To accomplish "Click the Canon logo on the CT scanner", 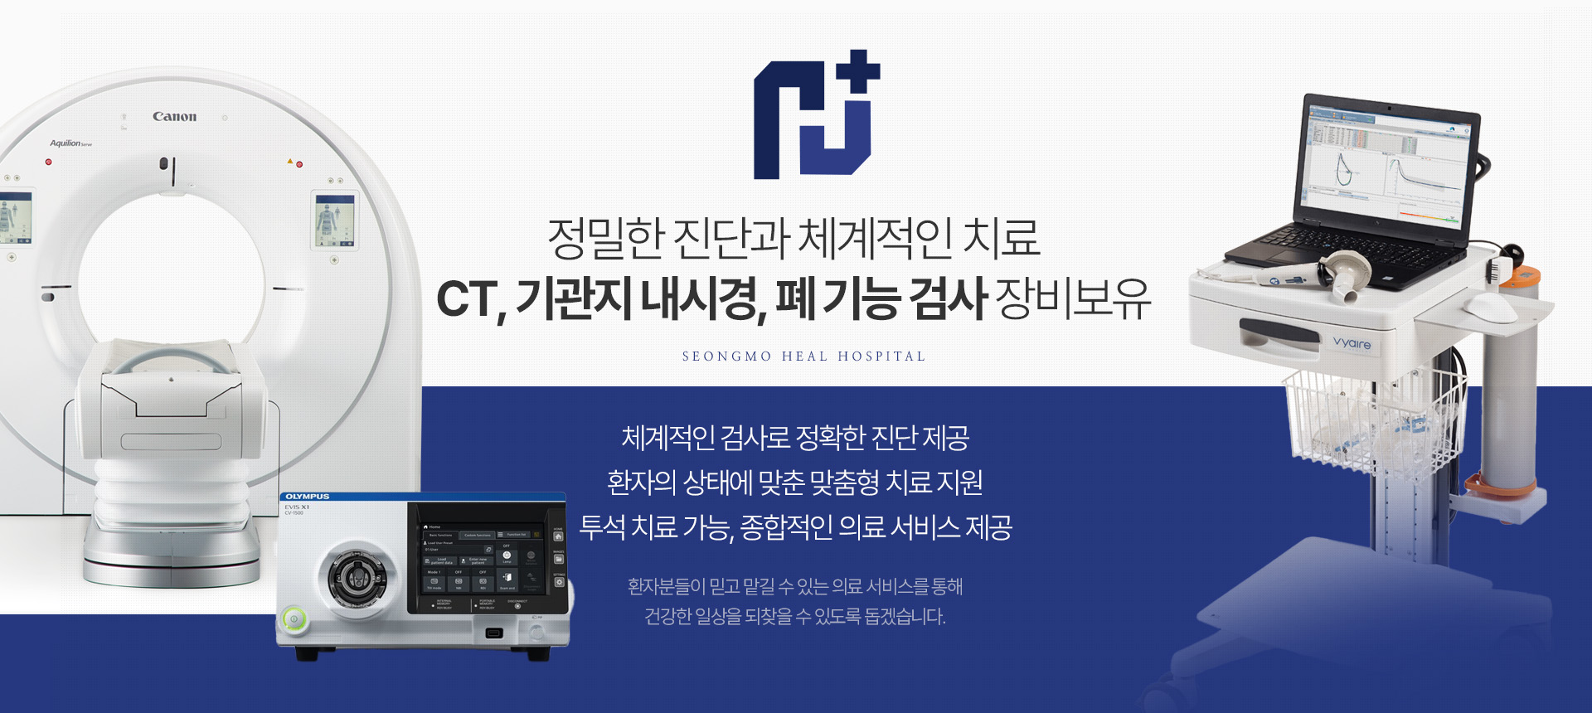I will click(x=174, y=117).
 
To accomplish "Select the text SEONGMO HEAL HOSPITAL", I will click(x=803, y=356).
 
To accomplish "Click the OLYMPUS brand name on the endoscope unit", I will click(x=308, y=497).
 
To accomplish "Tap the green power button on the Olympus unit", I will click(x=294, y=618).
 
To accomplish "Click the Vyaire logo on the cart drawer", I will click(x=1352, y=342).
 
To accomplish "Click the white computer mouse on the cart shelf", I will click(x=1490, y=308).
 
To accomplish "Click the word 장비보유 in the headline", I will click(x=1073, y=299).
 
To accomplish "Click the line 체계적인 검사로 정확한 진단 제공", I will click(x=795, y=438).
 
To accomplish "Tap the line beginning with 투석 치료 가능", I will click(x=795, y=527).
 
